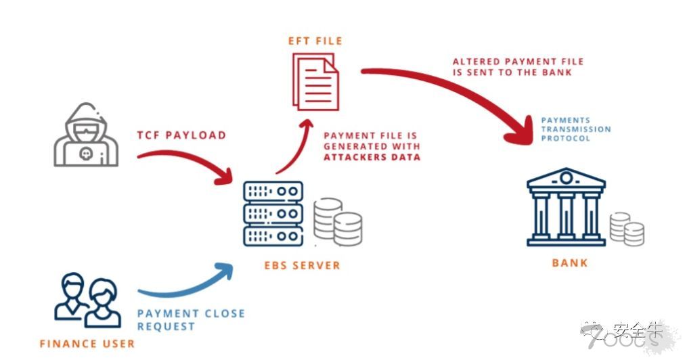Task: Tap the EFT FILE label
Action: click(315, 41)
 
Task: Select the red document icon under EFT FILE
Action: click(315, 82)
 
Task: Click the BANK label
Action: click(569, 263)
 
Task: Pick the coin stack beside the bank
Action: click(626, 229)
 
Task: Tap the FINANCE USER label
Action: click(87, 343)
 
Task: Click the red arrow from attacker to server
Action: click(186, 166)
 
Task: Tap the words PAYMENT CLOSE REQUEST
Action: click(190, 320)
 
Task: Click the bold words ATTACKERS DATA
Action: click(372, 157)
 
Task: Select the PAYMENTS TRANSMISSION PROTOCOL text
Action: click(575, 129)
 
